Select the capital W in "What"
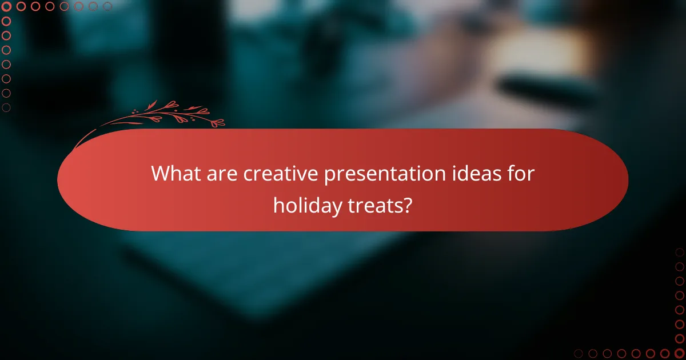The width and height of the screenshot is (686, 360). pyautogui.click(x=160, y=174)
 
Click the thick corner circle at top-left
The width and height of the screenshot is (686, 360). pyautogui.click(x=7, y=7)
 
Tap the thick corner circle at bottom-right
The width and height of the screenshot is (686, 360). pyautogui.click(x=679, y=353)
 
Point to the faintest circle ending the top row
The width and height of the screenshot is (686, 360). pyautogui.click(x=107, y=7)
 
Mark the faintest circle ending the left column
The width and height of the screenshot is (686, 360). pyautogui.click(x=7, y=107)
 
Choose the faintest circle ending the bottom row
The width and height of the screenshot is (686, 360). pyautogui.click(x=579, y=353)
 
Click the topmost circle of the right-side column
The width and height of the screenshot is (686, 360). pyautogui.click(x=679, y=253)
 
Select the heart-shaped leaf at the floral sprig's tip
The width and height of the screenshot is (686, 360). pyautogui.click(x=218, y=122)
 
